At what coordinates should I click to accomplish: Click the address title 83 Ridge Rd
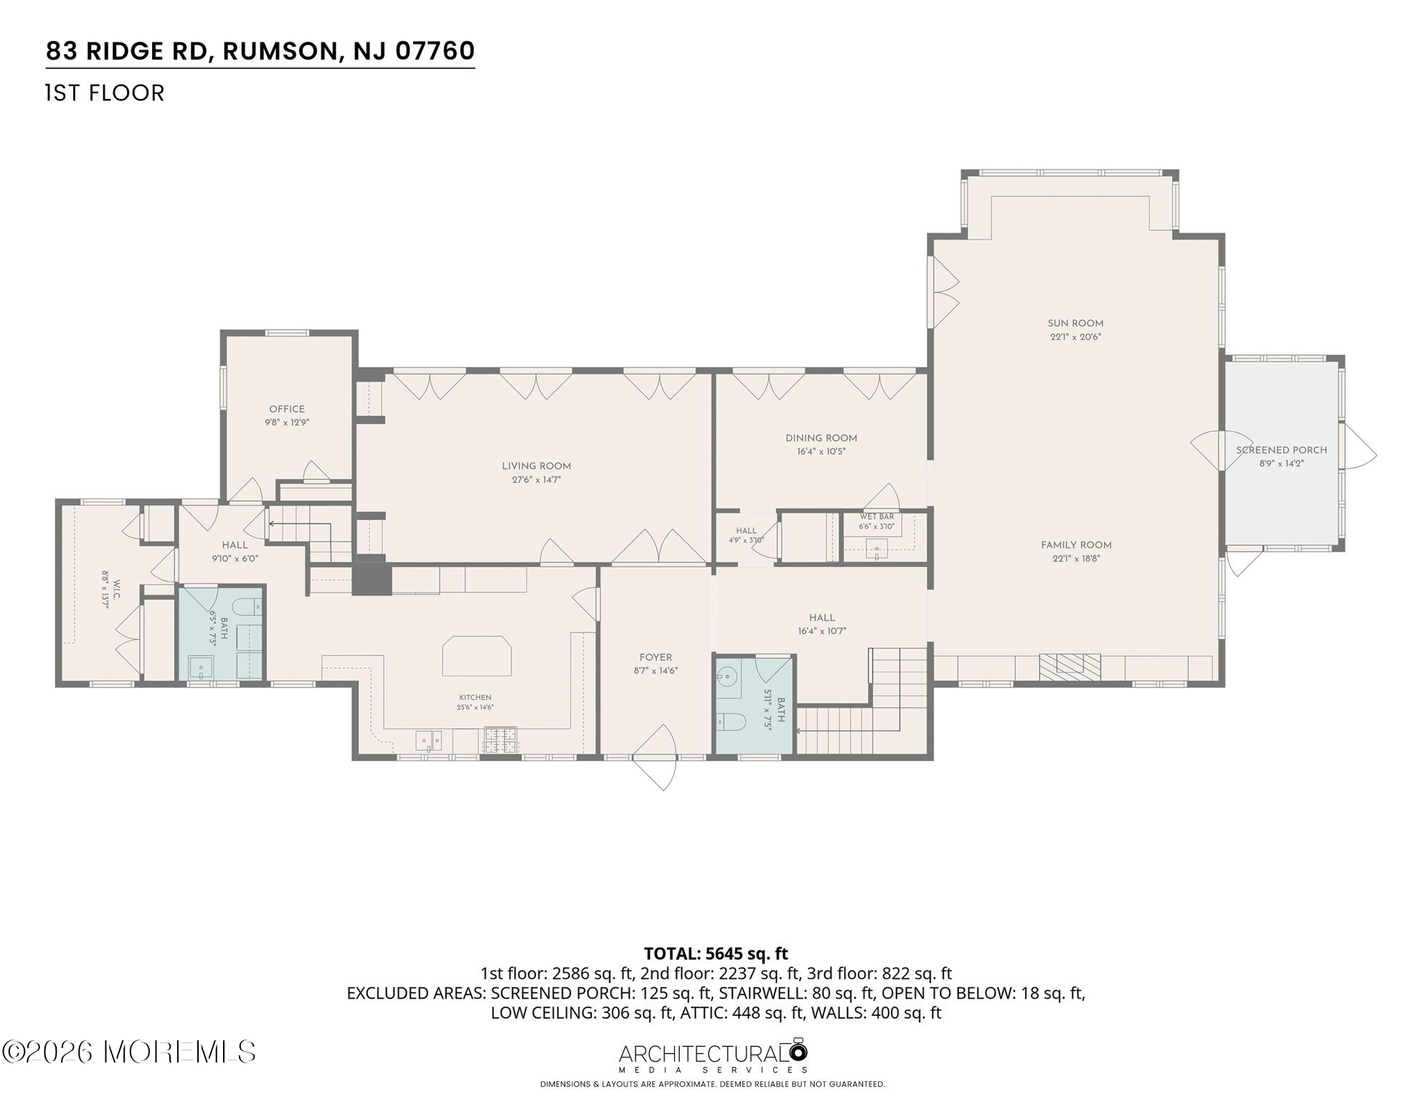click(260, 51)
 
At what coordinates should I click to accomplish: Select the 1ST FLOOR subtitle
click(105, 93)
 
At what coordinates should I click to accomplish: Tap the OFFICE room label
click(287, 409)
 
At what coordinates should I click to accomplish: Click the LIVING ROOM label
click(537, 466)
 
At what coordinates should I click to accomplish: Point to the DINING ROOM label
click(821, 438)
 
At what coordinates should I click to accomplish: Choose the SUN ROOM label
click(1075, 324)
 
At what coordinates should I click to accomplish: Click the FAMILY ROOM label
click(1076, 545)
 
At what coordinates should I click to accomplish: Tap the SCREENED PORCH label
click(1281, 451)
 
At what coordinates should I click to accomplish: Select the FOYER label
click(656, 658)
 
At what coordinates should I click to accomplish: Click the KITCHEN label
click(476, 697)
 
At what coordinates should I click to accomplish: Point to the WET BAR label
click(877, 517)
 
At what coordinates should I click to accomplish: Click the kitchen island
click(477, 656)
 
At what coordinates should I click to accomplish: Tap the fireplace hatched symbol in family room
click(1070, 667)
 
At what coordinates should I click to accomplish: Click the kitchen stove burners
click(501, 740)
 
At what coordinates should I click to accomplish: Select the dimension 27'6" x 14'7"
click(537, 480)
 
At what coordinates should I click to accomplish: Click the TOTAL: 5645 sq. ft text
click(716, 953)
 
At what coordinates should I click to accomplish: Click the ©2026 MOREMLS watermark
click(129, 1052)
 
